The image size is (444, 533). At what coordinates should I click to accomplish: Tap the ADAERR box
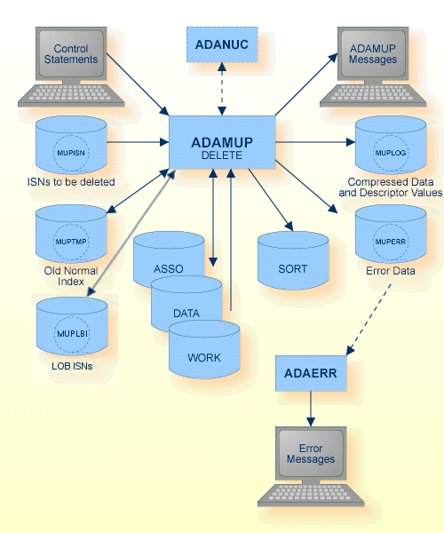(310, 372)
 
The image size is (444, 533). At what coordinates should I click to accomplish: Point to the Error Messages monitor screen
(311, 454)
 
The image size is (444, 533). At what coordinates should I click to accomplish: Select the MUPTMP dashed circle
(71, 240)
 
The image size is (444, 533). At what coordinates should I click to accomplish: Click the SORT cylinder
(293, 267)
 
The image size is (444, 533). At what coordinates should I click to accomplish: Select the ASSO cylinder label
(169, 267)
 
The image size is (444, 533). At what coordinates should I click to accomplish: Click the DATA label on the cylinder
(186, 313)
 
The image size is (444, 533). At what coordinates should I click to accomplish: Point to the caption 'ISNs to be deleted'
(71, 182)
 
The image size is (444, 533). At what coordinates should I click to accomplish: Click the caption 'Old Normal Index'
(71, 275)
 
